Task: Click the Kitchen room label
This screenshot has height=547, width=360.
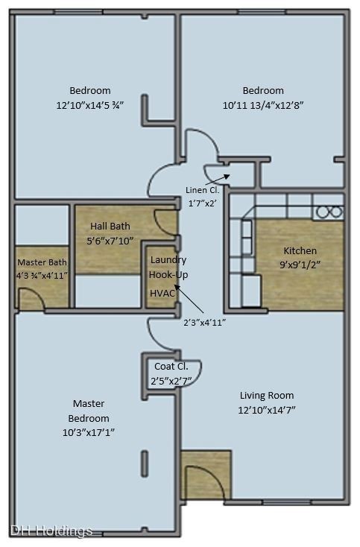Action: (300, 250)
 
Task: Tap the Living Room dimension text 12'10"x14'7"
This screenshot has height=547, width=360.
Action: (267, 410)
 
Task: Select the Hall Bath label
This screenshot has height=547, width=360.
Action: (110, 226)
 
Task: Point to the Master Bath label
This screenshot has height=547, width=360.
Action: (42, 262)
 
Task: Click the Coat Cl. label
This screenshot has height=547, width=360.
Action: (171, 367)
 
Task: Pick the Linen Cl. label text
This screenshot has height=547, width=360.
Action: (202, 190)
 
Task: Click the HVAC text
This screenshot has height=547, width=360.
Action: (162, 294)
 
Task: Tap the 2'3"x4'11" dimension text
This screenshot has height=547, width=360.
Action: (204, 323)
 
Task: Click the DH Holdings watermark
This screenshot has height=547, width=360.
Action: (51, 531)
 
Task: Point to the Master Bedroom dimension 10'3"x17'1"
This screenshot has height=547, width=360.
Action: (89, 432)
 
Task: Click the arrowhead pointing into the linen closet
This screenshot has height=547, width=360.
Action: (227, 176)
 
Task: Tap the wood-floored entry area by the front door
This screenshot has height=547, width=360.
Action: (206, 474)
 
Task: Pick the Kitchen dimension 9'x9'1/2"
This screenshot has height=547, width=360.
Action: (300, 265)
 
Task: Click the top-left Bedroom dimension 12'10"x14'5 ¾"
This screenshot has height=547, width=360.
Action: (90, 105)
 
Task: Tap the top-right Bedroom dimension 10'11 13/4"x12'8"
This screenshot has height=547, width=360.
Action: (263, 105)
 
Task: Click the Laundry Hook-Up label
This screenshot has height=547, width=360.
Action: (168, 268)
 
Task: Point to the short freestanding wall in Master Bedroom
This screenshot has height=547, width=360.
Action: (145, 464)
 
